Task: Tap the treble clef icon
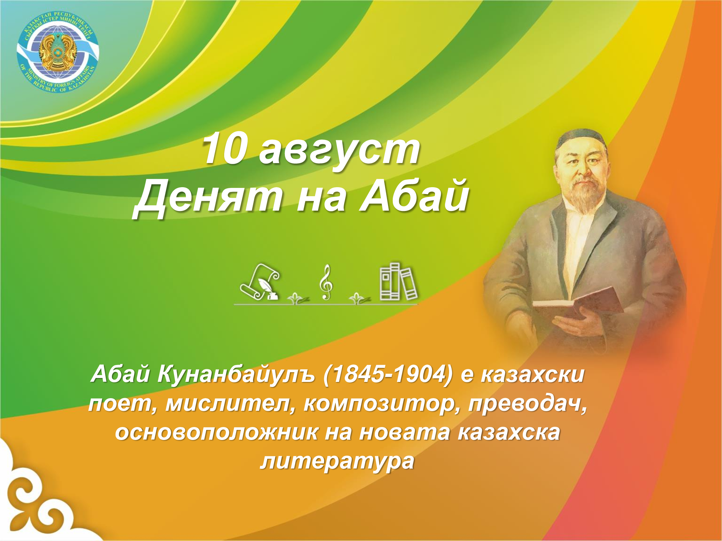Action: coord(326,282)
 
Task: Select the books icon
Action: coord(398,282)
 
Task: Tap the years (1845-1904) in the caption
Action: coord(388,374)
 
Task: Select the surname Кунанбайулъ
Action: coord(236,374)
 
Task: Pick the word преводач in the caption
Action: coord(527,403)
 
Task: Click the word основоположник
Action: coord(217,432)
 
